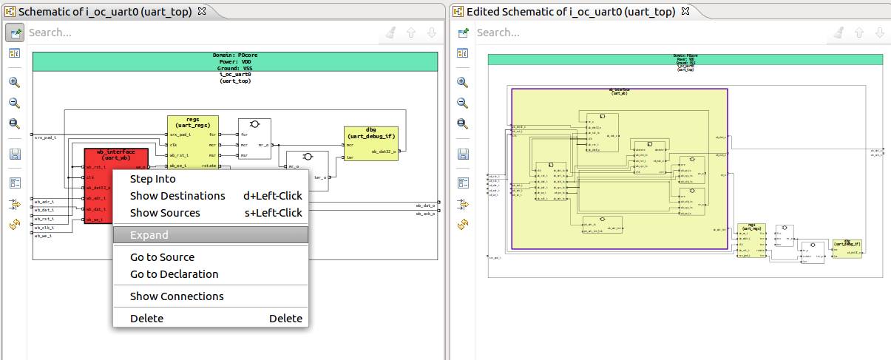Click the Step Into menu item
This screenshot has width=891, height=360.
coord(152,179)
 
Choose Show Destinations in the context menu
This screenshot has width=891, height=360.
coord(177,196)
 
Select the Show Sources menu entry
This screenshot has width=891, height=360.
coord(165,213)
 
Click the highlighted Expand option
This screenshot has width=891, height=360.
coord(149,235)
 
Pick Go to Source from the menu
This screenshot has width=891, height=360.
coord(162,257)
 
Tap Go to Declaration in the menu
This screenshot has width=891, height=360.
coord(174,274)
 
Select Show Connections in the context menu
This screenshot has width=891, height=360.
coord(177,296)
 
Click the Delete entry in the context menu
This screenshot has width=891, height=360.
coord(146,319)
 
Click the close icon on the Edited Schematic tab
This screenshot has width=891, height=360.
coord(684,12)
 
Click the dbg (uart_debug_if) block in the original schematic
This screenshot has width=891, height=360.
coord(370,133)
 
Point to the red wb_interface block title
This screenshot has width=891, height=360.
coord(116,155)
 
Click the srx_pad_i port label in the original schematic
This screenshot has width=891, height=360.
coord(45,137)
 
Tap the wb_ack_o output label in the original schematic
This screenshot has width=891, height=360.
coord(424,214)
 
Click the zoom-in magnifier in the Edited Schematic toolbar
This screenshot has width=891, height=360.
coord(463,83)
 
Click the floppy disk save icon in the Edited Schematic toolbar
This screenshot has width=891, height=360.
coord(463,154)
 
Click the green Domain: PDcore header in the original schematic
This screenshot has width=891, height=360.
coord(235,61)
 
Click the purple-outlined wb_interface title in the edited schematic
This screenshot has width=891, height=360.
coord(620,92)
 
